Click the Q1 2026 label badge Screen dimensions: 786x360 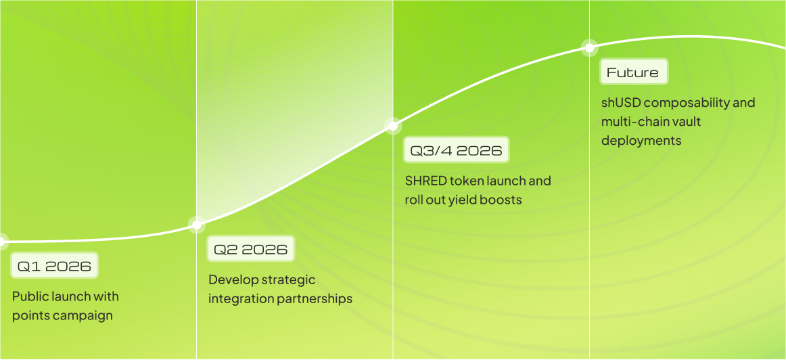54,266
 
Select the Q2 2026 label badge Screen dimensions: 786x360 251,249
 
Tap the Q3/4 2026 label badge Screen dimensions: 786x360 456,150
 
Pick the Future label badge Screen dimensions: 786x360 634,72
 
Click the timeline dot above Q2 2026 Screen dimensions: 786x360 196,225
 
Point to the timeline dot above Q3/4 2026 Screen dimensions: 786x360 393,125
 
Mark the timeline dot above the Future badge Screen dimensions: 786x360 590,47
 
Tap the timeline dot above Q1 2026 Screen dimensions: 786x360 1,241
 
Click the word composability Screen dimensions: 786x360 697,104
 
